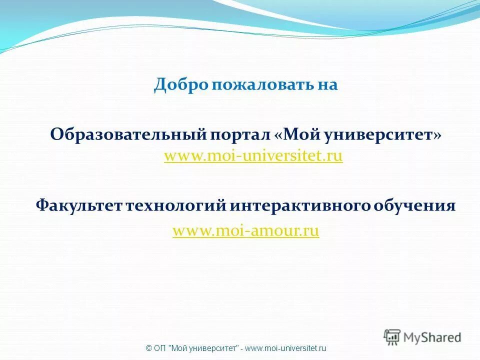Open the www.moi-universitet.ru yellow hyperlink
[x=253, y=156]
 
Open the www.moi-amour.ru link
[x=245, y=231]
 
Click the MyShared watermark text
[x=432, y=337]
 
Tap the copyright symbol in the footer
[x=148, y=348]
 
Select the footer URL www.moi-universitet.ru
[x=286, y=348]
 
